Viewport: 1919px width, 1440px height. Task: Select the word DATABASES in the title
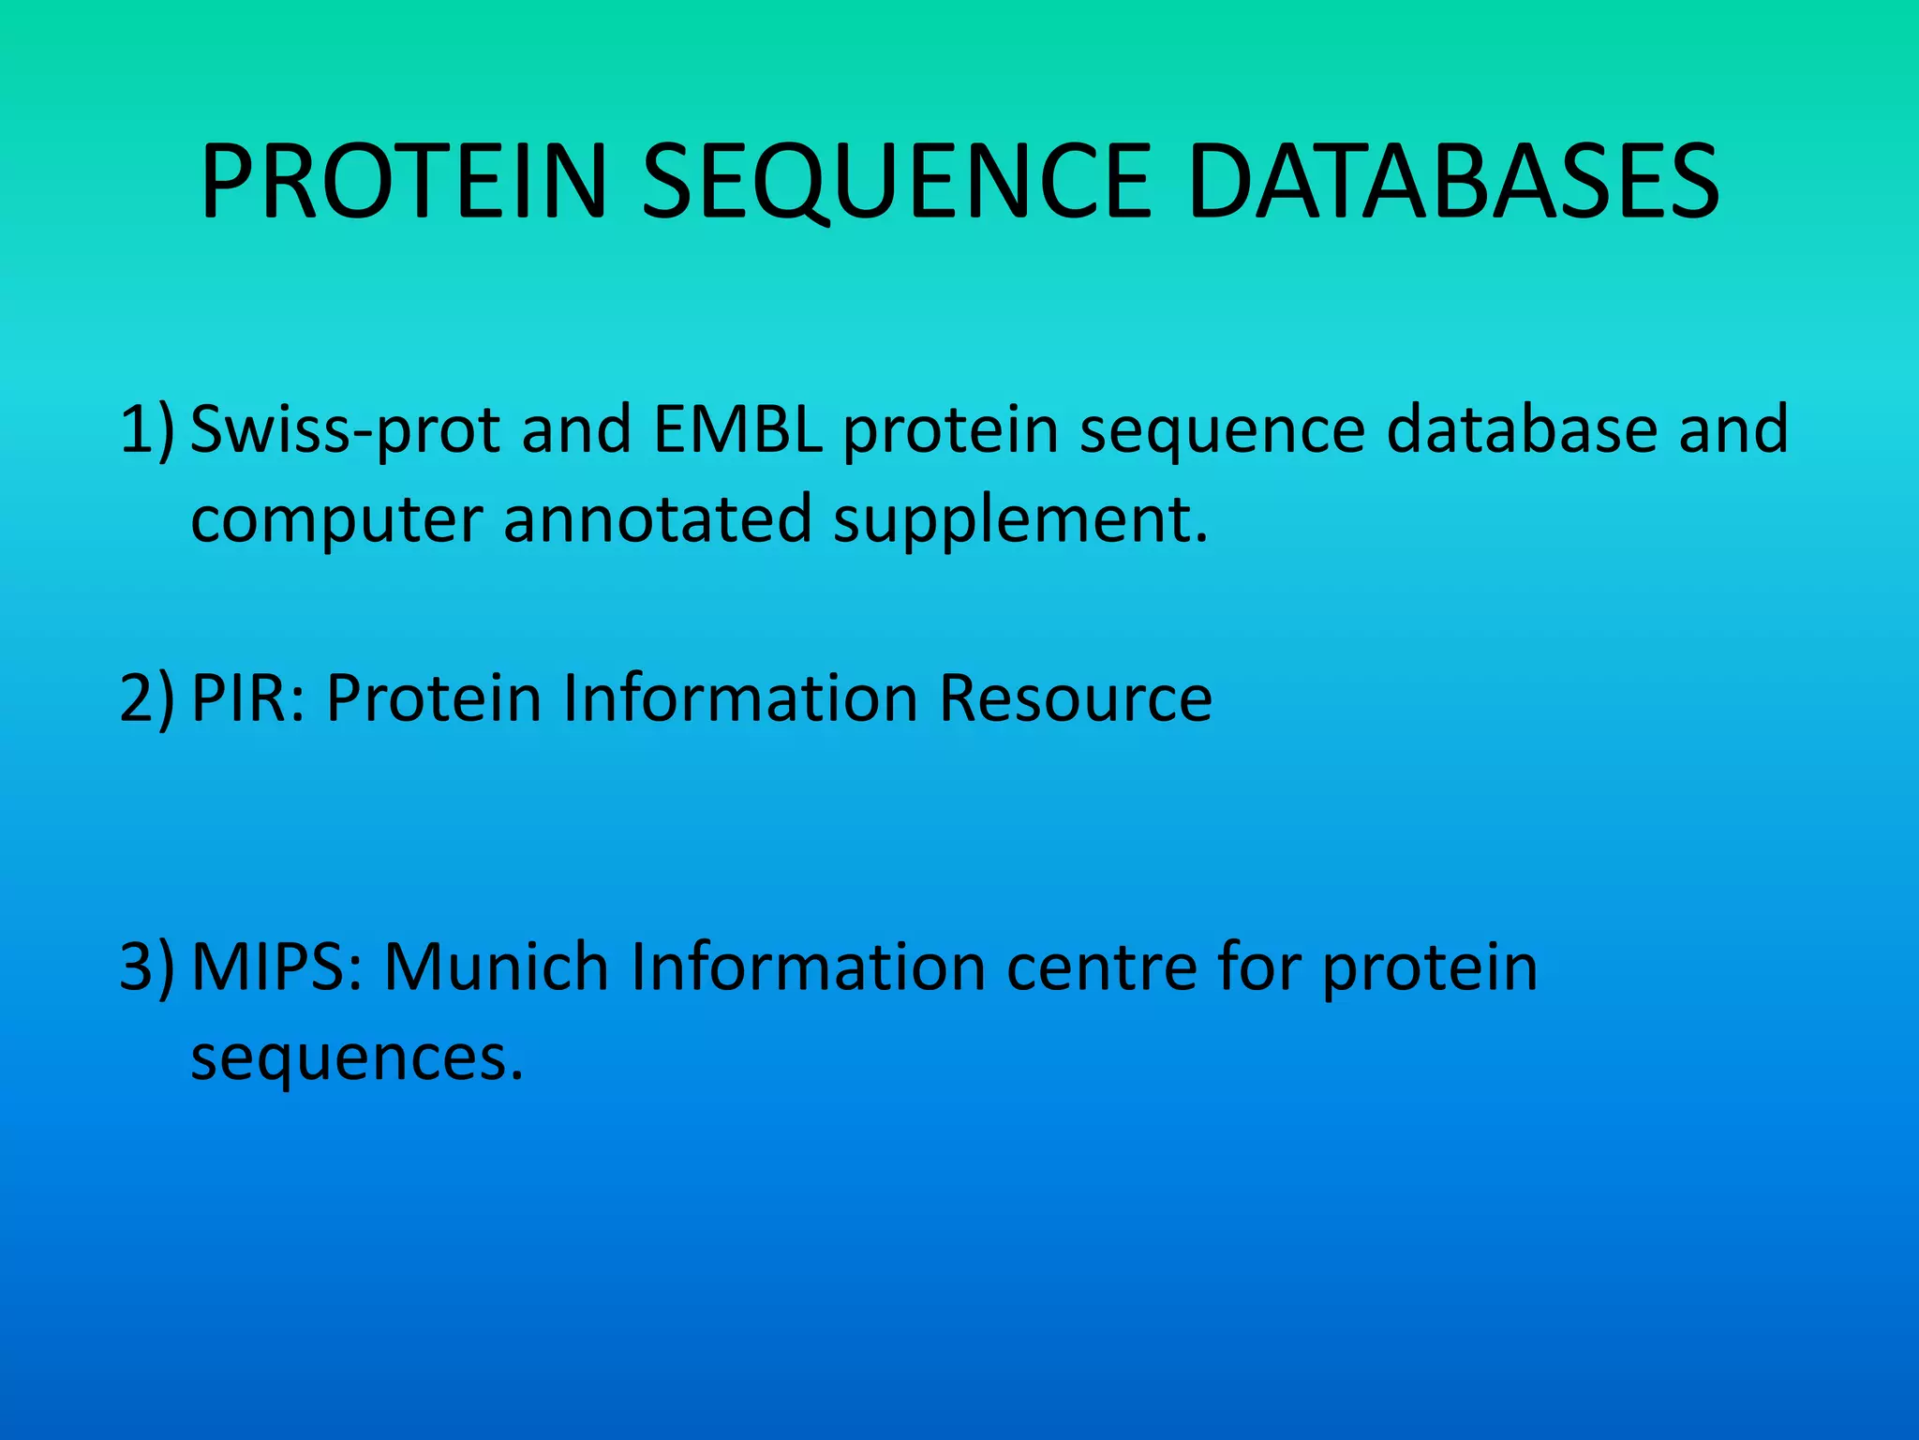pos(1452,183)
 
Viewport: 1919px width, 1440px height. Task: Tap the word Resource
pos(1076,698)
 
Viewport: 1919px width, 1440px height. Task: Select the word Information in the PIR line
pos(740,698)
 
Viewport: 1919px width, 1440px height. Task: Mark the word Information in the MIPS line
pos(808,967)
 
